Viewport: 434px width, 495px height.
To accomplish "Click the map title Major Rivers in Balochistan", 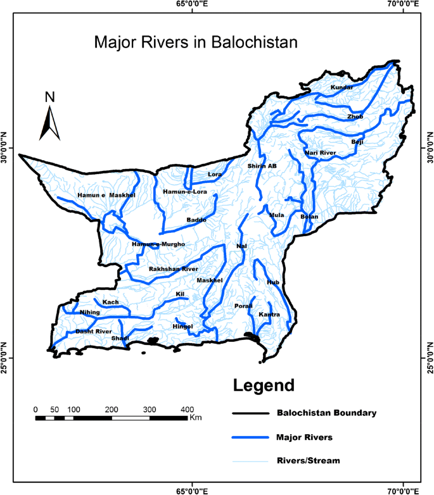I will pyautogui.click(x=195, y=43).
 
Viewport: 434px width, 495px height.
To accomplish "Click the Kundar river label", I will pyautogui.click(x=341, y=87).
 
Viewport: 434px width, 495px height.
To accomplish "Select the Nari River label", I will pyautogui.click(x=320, y=153).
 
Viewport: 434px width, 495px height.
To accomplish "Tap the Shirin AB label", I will pyautogui.click(x=262, y=166).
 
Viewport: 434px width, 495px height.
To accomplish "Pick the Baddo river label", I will pyautogui.click(x=196, y=220).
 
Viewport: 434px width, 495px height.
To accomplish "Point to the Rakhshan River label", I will pyautogui.click(x=174, y=269).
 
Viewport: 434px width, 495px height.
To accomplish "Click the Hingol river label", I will pyautogui.click(x=182, y=326).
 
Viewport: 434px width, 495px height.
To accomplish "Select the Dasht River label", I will pyautogui.click(x=94, y=331).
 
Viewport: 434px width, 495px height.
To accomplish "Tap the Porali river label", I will pyautogui.click(x=243, y=306).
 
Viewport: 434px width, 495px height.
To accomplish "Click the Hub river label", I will pyautogui.click(x=273, y=282).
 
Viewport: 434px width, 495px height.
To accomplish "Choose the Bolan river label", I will pyautogui.click(x=309, y=216).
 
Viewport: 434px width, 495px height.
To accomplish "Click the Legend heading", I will pyautogui.click(x=264, y=385).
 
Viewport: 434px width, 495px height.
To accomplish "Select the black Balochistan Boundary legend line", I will pyautogui.click(x=251, y=413).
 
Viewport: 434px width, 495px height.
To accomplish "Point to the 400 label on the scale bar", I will pyautogui.click(x=188, y=408).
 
